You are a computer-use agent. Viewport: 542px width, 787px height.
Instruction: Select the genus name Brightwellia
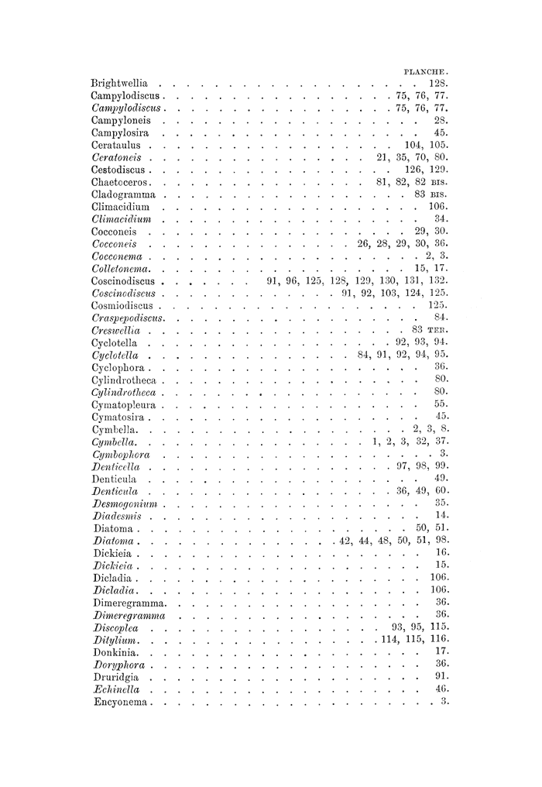[119, 82]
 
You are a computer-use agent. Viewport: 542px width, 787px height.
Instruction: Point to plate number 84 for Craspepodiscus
[442, 318]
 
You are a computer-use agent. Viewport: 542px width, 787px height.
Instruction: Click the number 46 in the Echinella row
[442, 689]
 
